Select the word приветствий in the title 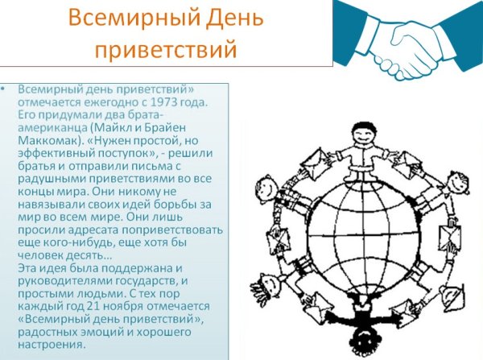(165, 48)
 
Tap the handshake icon (406, 38)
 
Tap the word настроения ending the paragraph (51, 346)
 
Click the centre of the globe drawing (354, 234)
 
